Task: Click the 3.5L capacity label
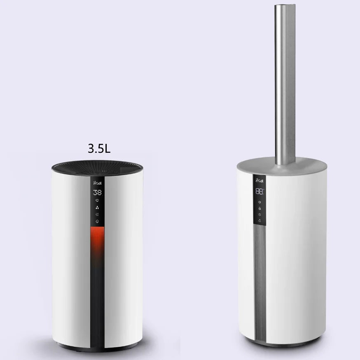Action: click(x=99, y=149)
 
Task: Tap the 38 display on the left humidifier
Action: click(x=98, y=192)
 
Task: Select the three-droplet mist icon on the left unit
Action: click(x=98, y=208)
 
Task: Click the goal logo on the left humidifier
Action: click(x=98, y=182)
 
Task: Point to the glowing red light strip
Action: click(x=98, y=241)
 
